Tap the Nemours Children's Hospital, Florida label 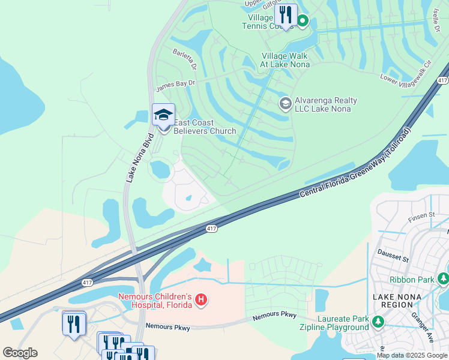coord(155,301)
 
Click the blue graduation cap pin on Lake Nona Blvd coord(163,115)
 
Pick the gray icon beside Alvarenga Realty coord(285,104)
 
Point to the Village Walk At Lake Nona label coord(286,60)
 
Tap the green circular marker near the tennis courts coord(303,22)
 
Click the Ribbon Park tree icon coord(443,279)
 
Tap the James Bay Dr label coord(176,86)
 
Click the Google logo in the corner coord(20,353)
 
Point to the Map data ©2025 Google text coord(412,356)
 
